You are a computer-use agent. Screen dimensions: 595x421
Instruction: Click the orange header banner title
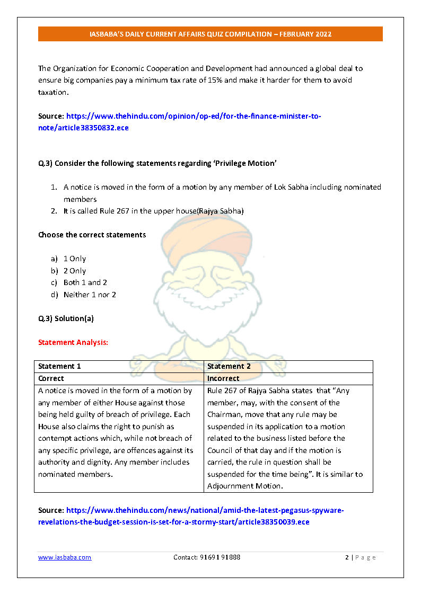coord(210,34)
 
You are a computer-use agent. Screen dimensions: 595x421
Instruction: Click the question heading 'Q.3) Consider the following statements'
coord(157,163)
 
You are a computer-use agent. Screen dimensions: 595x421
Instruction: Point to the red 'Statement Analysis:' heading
coord(73,342)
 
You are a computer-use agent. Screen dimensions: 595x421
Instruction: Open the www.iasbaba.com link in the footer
coord(65,557)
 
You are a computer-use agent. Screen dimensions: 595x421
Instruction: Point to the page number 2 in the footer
coord(347,557)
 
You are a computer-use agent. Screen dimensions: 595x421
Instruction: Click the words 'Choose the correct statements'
coord(92,235)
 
